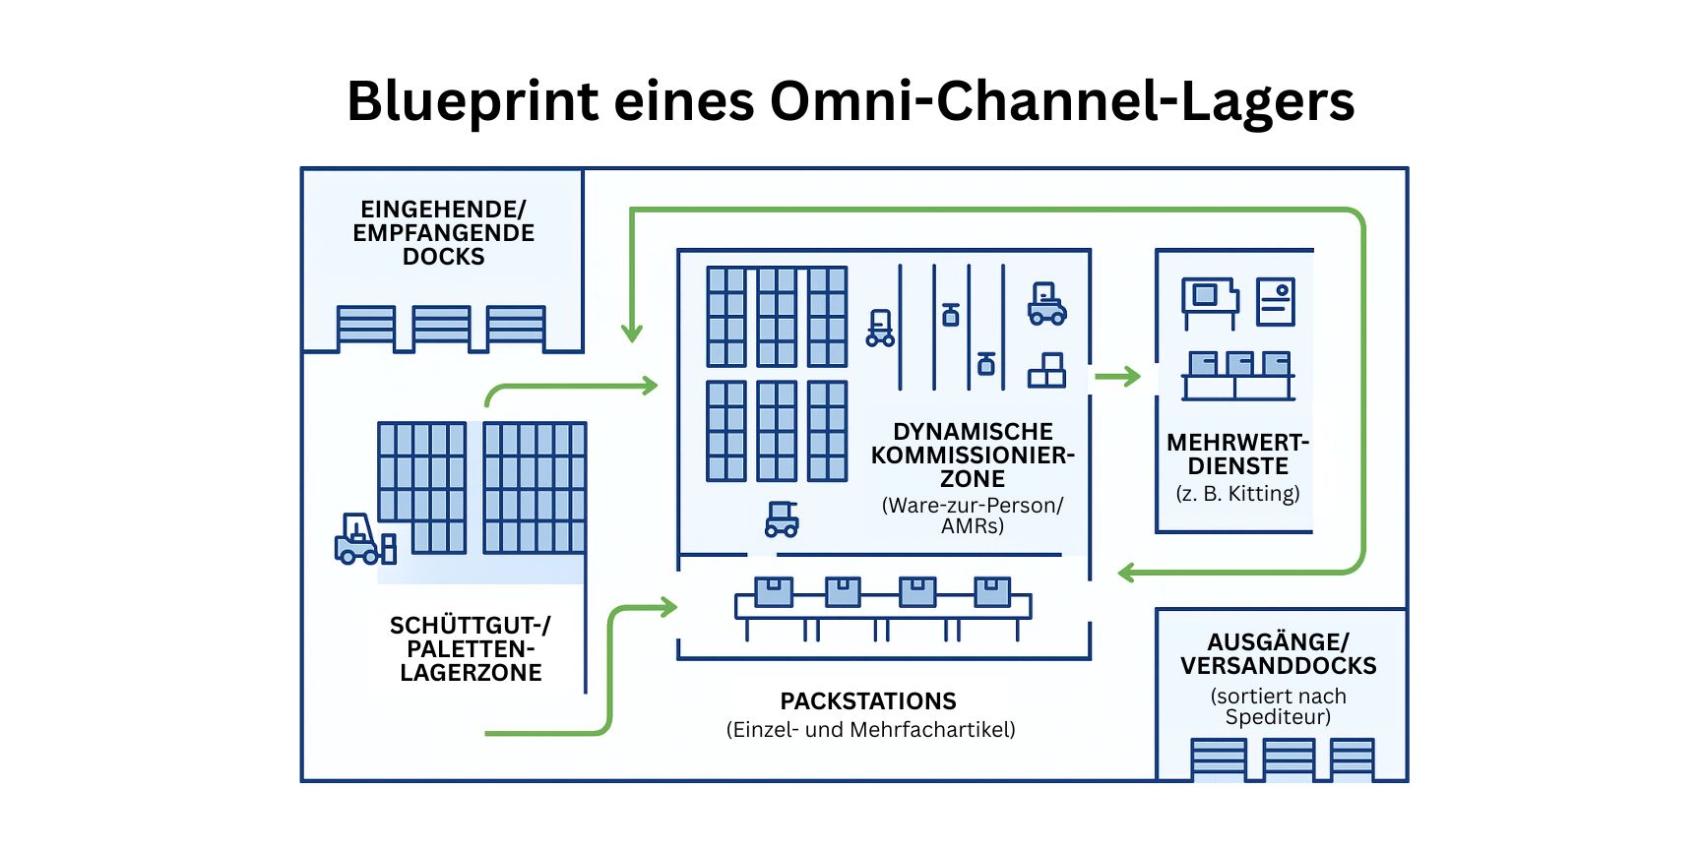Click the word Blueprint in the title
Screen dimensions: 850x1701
(472, 102)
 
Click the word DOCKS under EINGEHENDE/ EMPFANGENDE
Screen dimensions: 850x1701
(443, 257)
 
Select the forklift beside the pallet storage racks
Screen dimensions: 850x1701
(360, 540)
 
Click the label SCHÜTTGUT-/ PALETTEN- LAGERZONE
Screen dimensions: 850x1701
(471, 649)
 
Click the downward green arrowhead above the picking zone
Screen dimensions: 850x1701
(632, 332)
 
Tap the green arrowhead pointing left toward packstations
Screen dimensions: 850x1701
(1128, 572)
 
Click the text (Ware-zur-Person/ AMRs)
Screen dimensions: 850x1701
(973, 516)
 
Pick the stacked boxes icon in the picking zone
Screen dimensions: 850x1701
(1046, 372)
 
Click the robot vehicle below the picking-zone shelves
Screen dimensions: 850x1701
(782, 519)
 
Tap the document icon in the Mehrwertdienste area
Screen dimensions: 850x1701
(1275, 302)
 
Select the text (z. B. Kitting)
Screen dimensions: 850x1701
(1237, 494)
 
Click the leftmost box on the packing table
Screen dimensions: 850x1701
(774, 591)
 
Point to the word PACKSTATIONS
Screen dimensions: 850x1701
(868, 701)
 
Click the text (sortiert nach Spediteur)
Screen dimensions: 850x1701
(1278, 706)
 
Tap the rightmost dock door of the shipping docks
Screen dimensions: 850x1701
(1352, 759)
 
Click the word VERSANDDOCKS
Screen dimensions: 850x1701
(1278, 666)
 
